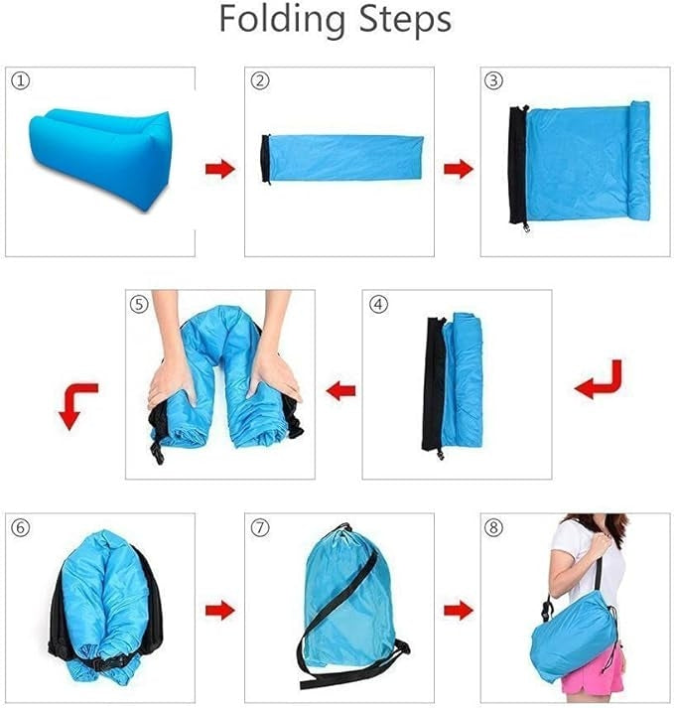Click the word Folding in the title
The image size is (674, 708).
tap(283, 19)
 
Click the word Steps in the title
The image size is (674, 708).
tap(405, 18)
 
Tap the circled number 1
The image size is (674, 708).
tap(20, 81)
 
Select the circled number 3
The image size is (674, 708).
tap(493, 80)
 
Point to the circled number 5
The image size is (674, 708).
tap(139, 304)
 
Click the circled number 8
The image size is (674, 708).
tap(493, 527)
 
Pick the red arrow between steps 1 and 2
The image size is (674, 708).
tap(220, 169)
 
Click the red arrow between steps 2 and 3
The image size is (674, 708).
tap(459, 169)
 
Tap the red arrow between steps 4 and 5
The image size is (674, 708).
tap(341, 391)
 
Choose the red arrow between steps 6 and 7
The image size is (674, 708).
tap(220, 611)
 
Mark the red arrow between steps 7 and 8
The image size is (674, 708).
tap(459, 611)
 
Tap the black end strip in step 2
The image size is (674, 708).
tap(265, 159)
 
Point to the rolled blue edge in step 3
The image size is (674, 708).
tap(639, 160)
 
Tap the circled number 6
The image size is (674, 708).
tap(20, 527)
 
